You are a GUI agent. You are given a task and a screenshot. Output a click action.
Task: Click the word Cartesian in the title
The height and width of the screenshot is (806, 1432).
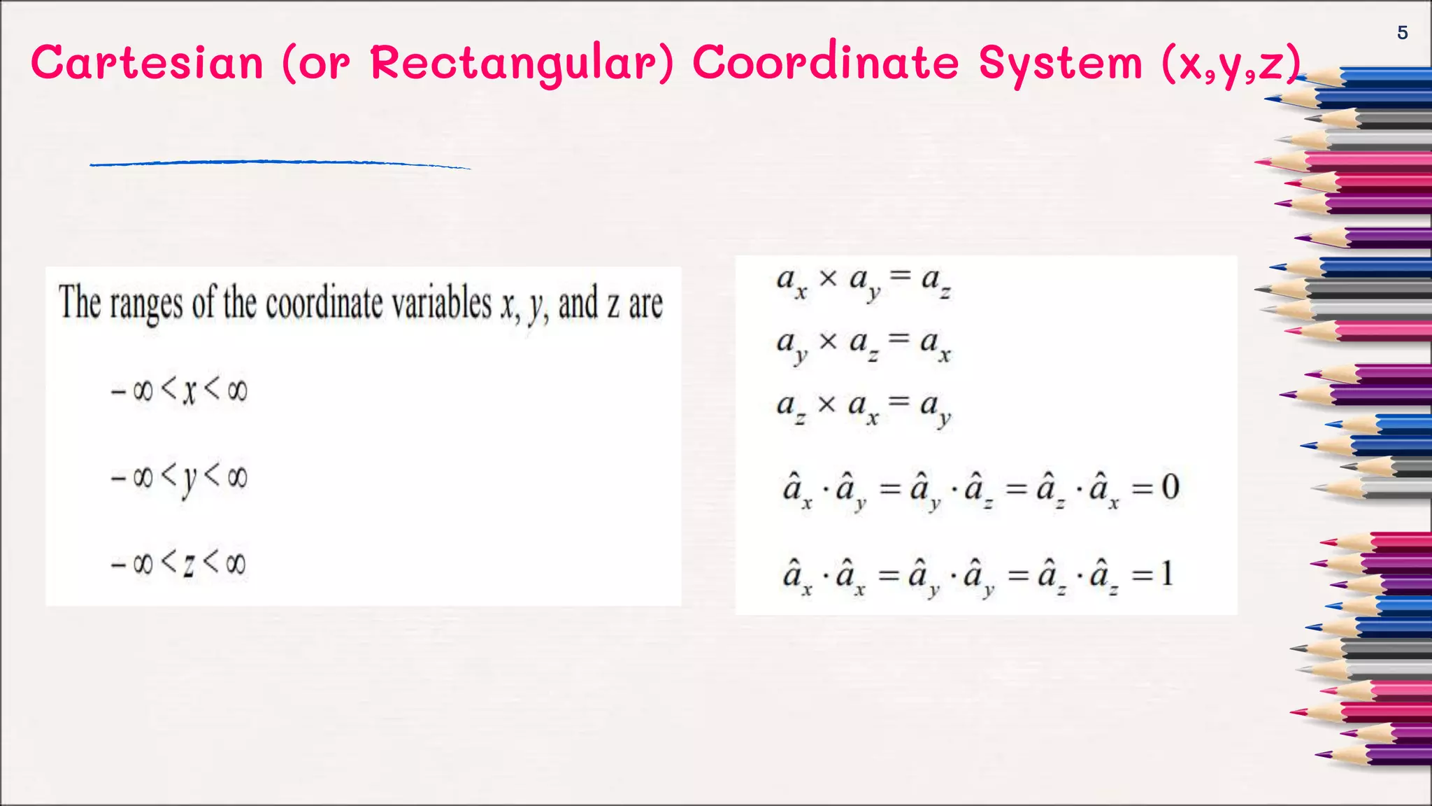148,63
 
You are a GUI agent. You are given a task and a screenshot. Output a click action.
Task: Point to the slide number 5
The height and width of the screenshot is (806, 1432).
1402,33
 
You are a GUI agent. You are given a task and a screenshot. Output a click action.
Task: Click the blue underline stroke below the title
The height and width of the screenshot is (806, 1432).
280,164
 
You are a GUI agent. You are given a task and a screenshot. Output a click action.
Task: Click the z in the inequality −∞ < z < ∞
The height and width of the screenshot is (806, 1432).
189,564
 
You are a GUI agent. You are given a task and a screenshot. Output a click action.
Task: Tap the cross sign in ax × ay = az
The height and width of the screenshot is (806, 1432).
828,278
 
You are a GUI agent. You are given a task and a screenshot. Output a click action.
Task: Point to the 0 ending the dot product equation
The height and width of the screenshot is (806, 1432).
1170,487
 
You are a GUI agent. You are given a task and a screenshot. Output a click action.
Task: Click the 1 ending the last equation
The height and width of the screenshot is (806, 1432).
1166,574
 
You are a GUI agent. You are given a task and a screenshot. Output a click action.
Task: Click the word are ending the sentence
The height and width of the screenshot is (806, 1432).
645,305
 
